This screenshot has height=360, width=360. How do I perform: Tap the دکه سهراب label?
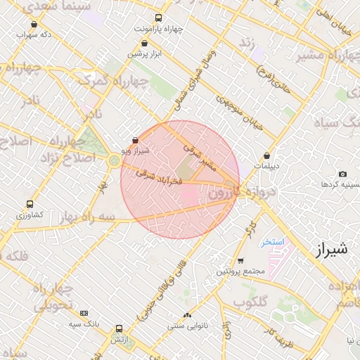[x=37, y=34]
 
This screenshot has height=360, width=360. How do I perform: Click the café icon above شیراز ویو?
[x=135, y=141]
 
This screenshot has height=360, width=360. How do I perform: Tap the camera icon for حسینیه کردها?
[x=342, y=174]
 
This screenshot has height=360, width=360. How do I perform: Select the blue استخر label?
[x=271, y=242]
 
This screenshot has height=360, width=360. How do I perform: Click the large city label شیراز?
[x=328, y=249]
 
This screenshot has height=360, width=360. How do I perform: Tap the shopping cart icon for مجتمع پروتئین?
[x=240, y=261]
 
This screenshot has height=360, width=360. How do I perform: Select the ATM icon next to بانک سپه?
[x=84, y=313]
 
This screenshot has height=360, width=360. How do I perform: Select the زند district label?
[x=246, y=42]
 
